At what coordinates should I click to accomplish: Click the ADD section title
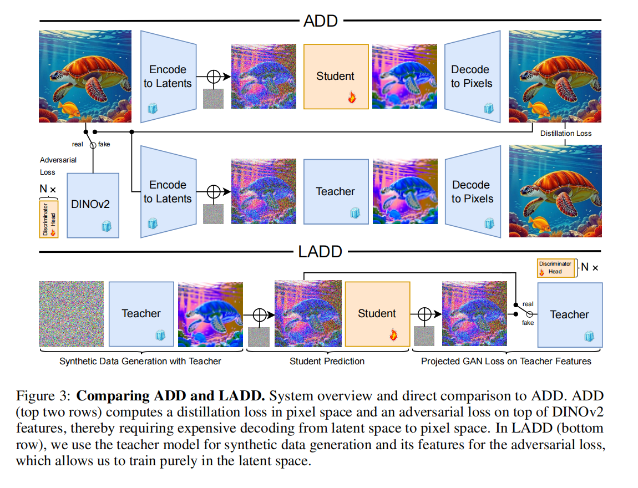click(321, 21)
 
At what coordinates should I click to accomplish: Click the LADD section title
click(320, 252)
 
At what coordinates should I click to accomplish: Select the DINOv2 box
click(93, 205)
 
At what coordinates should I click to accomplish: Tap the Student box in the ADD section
click(336, 77)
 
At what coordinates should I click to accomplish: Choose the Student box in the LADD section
click(378, 314)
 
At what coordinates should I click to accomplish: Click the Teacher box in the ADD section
click(336, 191)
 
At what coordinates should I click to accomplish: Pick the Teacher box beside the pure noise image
click(141, 314)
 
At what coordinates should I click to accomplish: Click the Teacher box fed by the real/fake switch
click(570, 315)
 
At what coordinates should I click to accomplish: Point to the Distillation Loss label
click(566, 134)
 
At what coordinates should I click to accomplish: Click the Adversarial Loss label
click(58, 166)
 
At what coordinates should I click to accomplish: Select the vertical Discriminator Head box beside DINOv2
click(49, 219)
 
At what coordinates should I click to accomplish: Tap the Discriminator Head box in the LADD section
click(556, 268)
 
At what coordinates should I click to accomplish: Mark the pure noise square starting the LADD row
click(71, 314)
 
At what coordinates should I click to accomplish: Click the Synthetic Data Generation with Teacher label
click(140, 361)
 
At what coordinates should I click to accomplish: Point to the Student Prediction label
click(327, 361)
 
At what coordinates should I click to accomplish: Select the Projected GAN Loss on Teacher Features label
click(506, 361)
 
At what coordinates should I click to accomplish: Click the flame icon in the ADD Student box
click(352, 97)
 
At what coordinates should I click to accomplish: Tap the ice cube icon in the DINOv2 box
click(107, 226)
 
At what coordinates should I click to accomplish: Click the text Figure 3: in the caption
click(43, 396)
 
